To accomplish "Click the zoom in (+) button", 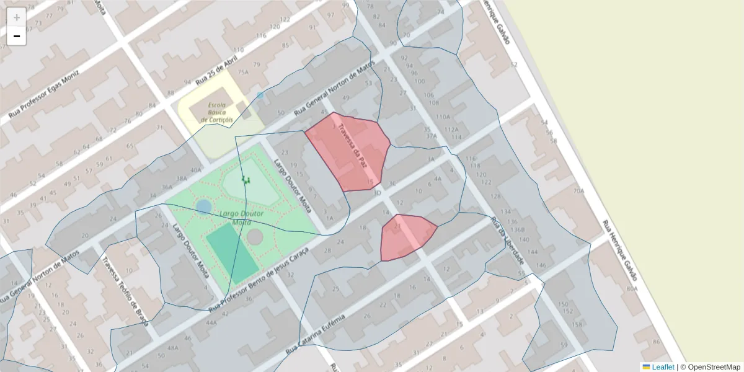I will (x=17, y=17).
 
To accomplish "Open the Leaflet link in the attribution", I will (x=663, y=367).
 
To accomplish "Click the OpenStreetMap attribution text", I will (x=714, y=367).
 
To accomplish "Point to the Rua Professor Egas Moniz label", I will (x=43, y=93).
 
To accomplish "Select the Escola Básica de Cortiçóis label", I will (x=220, y=112).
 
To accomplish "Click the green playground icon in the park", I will (x=246, y=180).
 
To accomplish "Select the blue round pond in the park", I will (x=203, y=206).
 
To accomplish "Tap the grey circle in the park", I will (x=255, y=236).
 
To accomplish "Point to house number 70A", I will (x=578, y=191).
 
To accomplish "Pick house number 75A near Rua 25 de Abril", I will (x=242, y=72).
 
